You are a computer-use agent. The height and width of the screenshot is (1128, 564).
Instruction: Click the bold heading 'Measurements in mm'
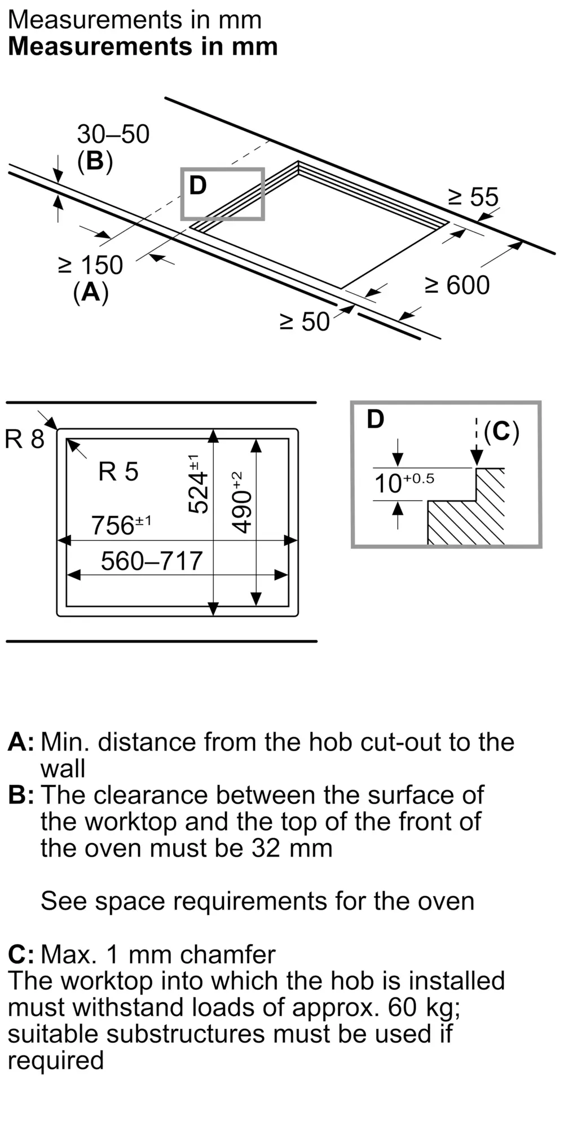[143, 46]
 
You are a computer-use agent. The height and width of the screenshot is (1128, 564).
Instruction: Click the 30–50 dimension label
[113, 134]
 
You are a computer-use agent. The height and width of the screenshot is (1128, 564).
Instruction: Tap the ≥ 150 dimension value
[90, 265]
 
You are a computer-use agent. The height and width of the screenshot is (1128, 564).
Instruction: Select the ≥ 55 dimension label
[473, 197]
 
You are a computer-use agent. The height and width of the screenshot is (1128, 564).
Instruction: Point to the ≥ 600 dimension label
[457, 285]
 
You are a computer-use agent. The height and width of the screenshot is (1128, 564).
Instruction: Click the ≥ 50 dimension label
[305, 322]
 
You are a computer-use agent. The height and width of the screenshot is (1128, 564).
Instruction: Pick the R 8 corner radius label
[24, 439]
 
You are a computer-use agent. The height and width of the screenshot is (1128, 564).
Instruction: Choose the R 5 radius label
[118, 472]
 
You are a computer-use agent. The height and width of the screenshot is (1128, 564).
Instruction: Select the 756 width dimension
[121, 525]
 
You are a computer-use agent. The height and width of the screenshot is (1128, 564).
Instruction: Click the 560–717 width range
[151, 561]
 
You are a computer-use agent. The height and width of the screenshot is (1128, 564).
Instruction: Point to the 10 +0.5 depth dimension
[404, 483]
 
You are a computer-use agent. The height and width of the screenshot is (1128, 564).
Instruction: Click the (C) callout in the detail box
[501, 431]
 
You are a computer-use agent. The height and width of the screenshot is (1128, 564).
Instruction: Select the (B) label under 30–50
[95, 162]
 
